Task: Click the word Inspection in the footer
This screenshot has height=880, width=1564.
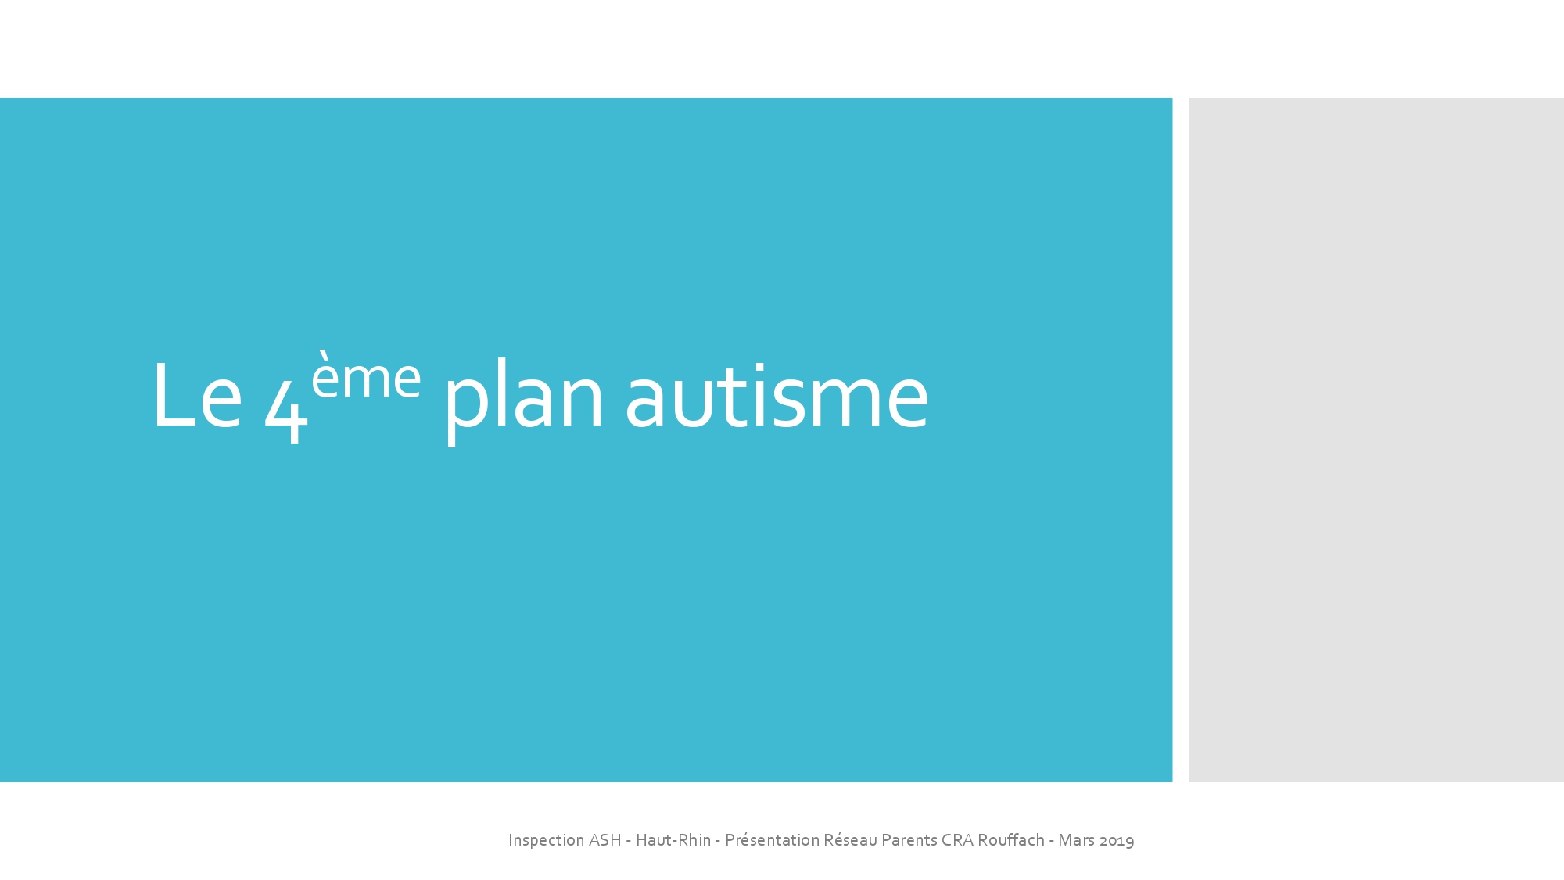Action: click(546, 840)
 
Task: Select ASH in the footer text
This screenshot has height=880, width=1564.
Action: click(604, 840)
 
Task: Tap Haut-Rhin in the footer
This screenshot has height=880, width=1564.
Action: click(673, 840)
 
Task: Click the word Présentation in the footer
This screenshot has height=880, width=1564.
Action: click(772, 840)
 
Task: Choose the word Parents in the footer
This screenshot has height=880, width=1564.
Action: click(909, 840)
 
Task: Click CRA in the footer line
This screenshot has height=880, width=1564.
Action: click(957, 840)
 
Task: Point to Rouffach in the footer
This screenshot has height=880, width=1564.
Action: click(1011, 840)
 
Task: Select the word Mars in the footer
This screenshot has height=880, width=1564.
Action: click(1076, 840)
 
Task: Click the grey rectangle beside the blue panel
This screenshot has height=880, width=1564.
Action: click(1376, 440)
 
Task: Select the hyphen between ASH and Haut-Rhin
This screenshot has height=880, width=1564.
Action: click(629, 842)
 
